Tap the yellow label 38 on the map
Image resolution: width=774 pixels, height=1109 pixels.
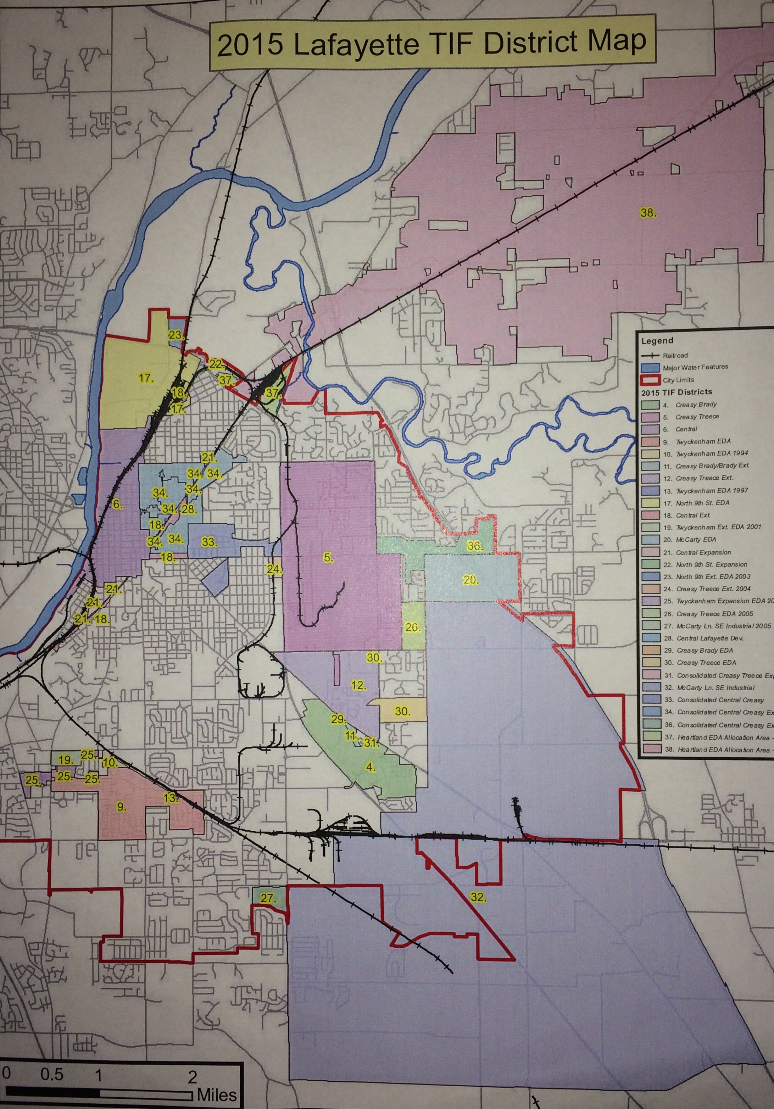coord(648,212)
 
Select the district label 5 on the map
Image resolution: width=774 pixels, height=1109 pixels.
coord(328,558)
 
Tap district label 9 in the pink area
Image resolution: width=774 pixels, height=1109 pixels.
coord(121,806)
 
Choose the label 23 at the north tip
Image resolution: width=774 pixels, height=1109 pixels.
coord(176,335)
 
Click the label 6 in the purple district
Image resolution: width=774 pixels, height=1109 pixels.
coord(117,505)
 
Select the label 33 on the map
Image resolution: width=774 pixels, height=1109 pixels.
coord(209,542)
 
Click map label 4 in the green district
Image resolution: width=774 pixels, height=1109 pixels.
coord(370,767)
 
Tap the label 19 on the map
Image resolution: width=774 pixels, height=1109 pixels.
coord(66,760)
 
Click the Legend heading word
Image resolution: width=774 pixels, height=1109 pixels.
coord(657,341)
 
